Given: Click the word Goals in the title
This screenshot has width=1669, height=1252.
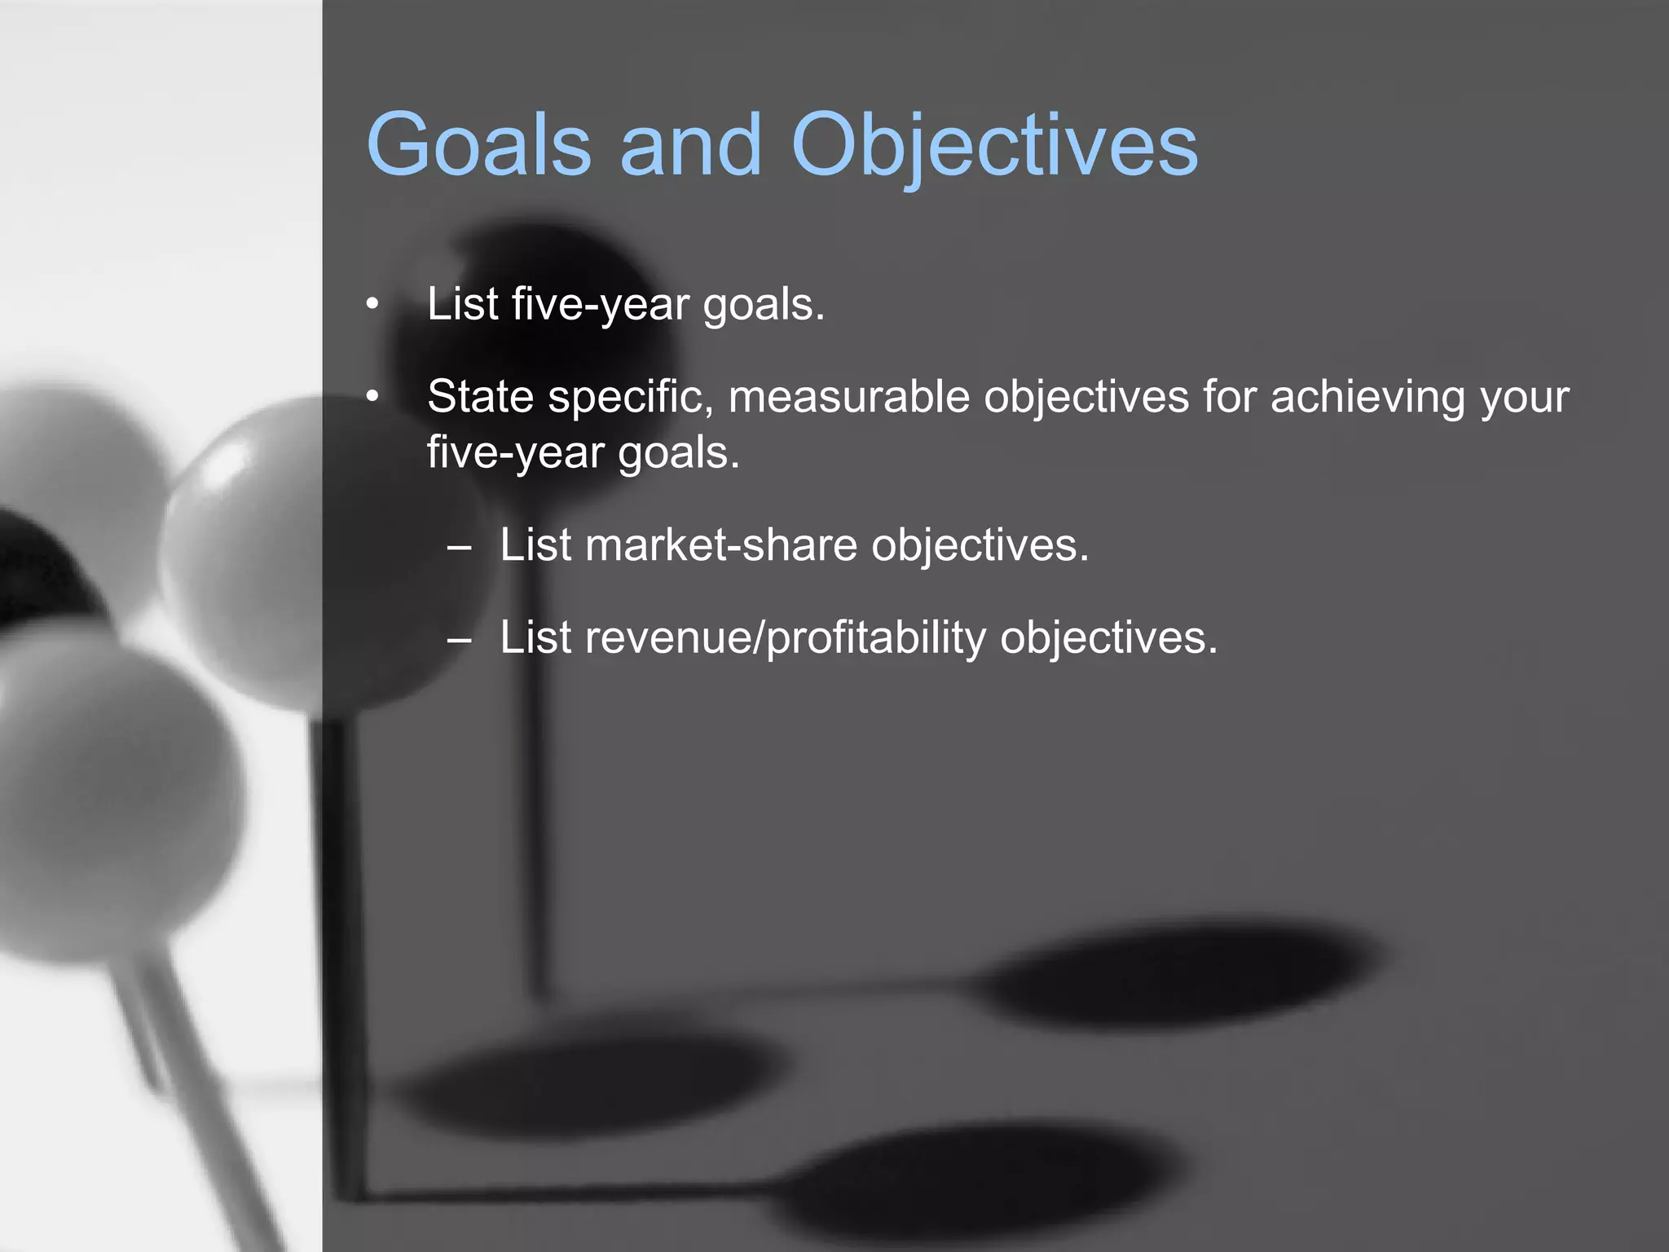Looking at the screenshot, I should click(x=478, y=145).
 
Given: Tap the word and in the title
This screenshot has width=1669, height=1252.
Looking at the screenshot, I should click(x=690, y=145).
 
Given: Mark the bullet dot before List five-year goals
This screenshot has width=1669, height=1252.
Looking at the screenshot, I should click(x=372, y=305).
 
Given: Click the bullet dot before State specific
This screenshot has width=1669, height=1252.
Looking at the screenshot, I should click(x=372, y=397).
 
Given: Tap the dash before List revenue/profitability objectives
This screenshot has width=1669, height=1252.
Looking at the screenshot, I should click(x=459, y=639).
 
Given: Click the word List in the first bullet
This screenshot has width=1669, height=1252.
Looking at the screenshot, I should click(x=462, y=304).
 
